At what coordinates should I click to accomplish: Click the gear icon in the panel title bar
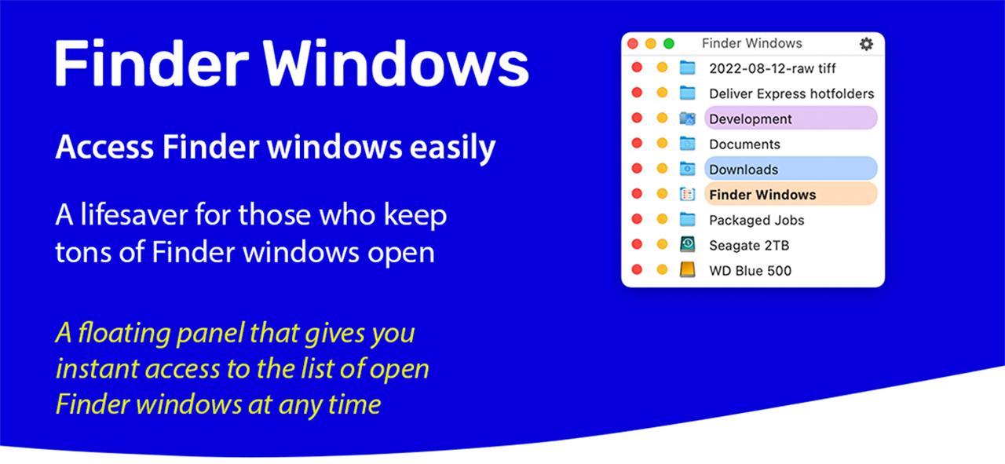tap(866, 44)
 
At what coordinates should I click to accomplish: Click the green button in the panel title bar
tap(668, 43)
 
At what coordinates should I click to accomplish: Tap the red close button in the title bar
tap(633, 43)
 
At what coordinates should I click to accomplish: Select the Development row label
tap(750, 119)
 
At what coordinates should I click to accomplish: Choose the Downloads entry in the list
tap(744, 170)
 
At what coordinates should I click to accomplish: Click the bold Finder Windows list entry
tap(762, 195)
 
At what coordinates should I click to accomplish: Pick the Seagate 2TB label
tap(749, 246)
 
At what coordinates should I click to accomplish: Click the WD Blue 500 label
tap(750, 271)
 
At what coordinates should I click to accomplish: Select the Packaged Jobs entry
tap(756, 221)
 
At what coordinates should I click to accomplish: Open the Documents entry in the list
tap(744, 144)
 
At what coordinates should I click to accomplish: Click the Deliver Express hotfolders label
tap(791, 93)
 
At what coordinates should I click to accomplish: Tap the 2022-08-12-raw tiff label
tap(772, 68)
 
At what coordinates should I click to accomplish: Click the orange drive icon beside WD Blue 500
tap(687, 270)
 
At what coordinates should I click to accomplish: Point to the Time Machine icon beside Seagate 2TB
tap(687, 245)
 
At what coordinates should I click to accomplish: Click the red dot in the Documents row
tap(637, 143)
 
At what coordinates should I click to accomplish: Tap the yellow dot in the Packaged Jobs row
tap(662, 219)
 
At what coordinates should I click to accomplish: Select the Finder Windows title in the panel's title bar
tap(752, 43)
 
